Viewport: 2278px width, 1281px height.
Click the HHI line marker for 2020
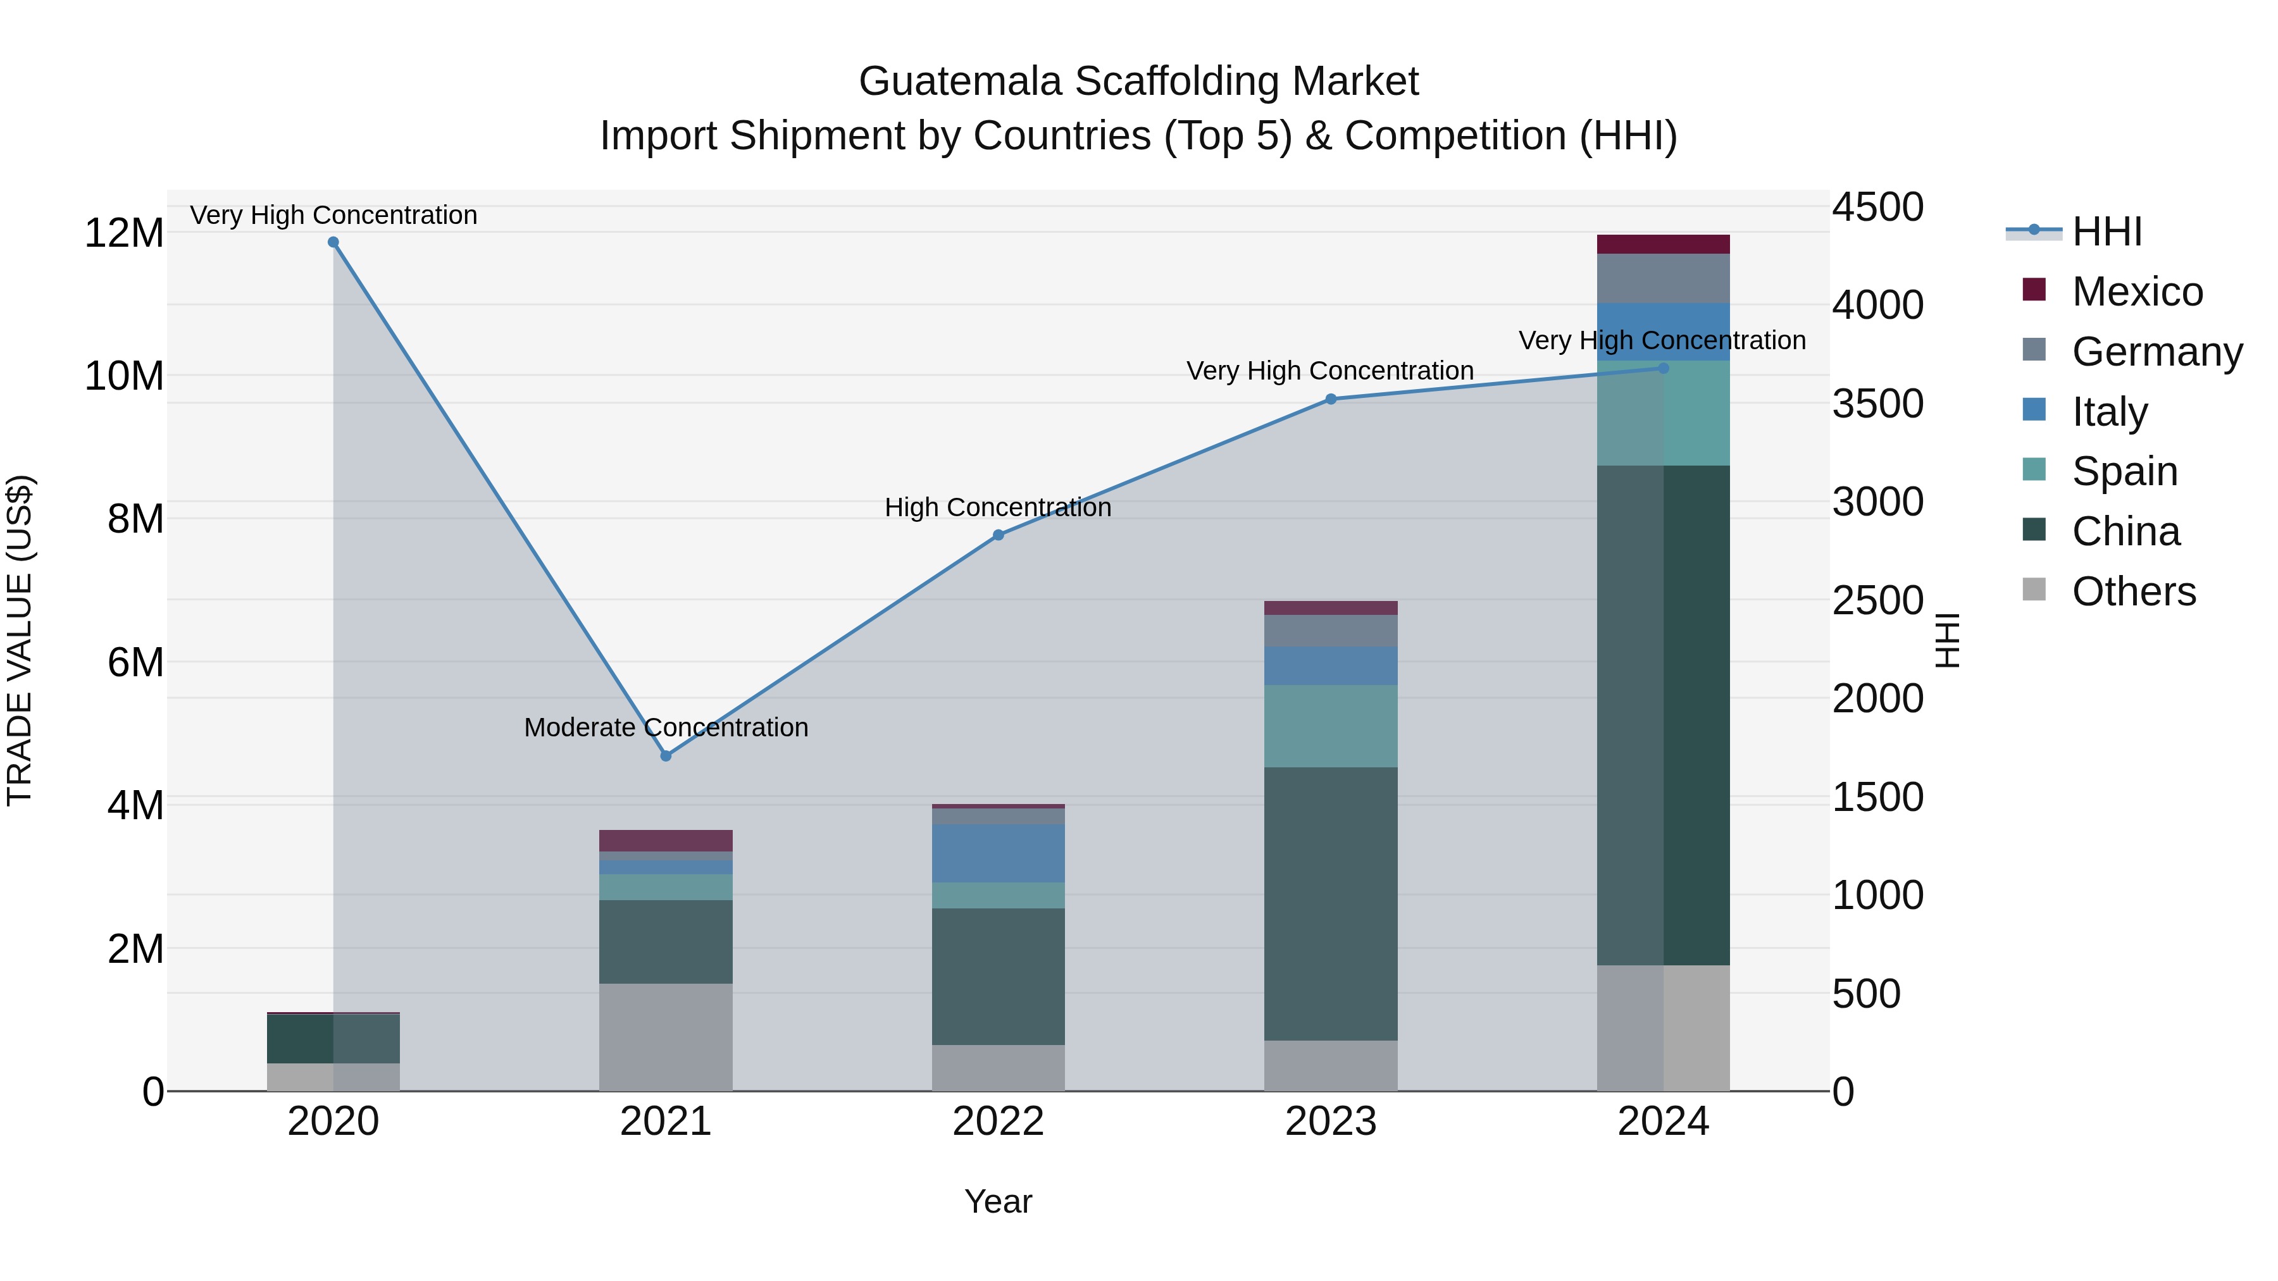pos(333,242)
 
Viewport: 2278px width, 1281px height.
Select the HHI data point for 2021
pos(666,756)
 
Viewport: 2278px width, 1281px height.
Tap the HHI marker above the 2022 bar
pos(999,535)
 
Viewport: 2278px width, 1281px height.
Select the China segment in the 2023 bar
pos(1331,903)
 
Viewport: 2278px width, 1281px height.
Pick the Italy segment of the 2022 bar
pos(999,853)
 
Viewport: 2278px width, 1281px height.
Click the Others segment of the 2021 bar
pos(666,1037)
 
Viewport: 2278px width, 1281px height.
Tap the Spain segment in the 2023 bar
pos(1331,726)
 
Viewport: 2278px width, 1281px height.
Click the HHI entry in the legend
pos(2107,232)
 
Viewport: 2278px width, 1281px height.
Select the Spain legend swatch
pos(2034,469)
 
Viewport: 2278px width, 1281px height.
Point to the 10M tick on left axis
pos(124,376)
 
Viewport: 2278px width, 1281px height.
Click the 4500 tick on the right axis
pos(1877,207)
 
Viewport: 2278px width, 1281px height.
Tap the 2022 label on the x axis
pos(999,1122)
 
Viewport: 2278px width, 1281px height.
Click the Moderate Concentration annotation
pos(666,727)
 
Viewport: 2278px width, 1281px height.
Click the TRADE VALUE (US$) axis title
pos(20,640)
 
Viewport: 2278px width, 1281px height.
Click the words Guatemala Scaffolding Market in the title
pos(1138,82)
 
